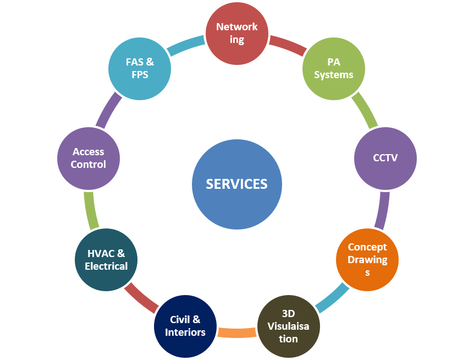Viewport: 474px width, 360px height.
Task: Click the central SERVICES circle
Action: (x=237, y=184)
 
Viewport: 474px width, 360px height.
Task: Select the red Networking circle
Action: (x=237, y=34)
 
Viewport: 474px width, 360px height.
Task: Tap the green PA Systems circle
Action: (x=334, y=69)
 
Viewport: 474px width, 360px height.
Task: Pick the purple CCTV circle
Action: (x=385, y=159)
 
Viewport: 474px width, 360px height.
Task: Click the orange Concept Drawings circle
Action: (x=367, y=259)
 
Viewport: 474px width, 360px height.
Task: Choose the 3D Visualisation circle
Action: (x=289, y=326)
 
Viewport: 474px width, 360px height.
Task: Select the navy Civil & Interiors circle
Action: (x=185, y=326)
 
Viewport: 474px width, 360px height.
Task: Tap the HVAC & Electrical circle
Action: (x=106, y=260)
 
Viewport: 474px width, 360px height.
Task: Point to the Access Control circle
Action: (x=89, y=159)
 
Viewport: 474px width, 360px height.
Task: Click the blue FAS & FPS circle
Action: (x=140, y=69)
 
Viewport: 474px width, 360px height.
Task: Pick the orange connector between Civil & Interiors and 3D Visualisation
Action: (x=237, y=332)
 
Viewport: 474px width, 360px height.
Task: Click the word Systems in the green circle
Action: (x=334, y=75)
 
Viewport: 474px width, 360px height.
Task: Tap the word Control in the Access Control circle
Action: (x=89, y=165)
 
